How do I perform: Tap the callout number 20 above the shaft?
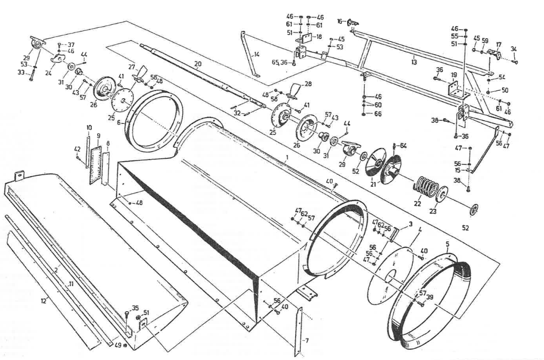[197, 65]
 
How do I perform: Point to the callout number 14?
[257, 54]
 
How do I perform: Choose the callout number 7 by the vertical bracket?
[307, 341]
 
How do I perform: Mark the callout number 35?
[135, 308]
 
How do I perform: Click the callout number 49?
[118, 345]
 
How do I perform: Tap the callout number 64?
[403, 145]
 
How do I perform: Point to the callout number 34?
[514, 49]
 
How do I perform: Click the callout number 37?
[71, 44]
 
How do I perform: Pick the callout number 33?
[20, 73]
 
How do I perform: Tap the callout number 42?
[77, 149]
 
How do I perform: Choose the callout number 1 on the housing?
[287, 157]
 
